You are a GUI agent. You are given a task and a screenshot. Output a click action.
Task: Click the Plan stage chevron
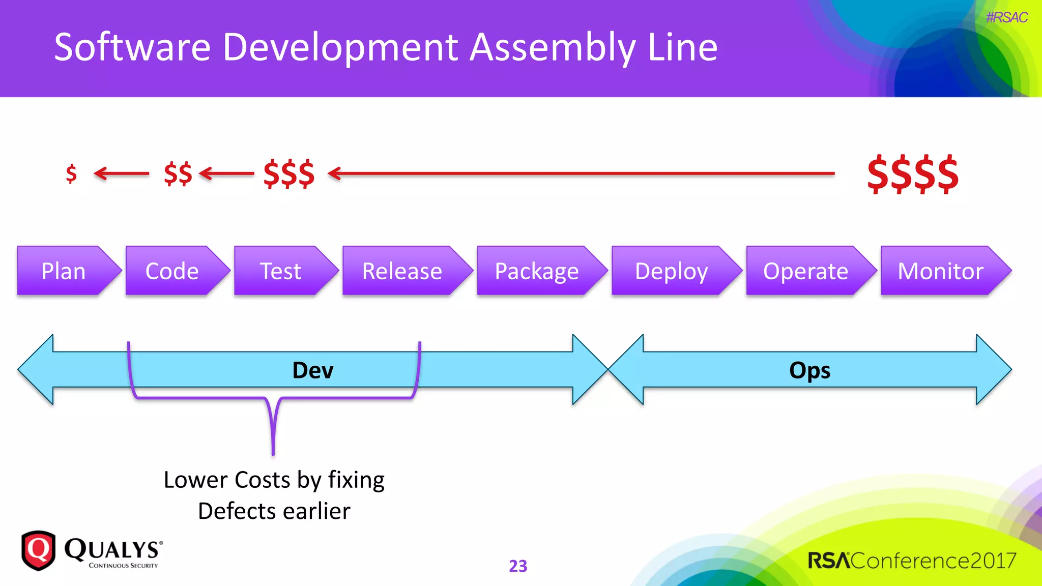(64, 271)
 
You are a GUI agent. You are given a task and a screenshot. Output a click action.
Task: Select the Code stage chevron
(172, 271)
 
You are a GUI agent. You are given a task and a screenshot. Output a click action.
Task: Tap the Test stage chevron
(281, 271)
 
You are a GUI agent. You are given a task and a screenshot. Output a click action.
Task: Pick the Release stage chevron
(402, 271)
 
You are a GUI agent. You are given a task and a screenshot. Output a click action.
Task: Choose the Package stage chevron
(537, 271)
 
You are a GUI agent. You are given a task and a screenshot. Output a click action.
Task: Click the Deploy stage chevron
(672, 271)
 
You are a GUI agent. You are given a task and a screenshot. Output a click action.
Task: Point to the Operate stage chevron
(806, 271)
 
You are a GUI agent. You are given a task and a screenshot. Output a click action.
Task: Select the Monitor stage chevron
(940, 271)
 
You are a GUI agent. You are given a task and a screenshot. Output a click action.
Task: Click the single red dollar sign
(71, 173)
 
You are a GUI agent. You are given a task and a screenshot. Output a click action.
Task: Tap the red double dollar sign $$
(178, 173)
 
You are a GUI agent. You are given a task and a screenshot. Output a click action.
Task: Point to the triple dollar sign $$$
(289, 173)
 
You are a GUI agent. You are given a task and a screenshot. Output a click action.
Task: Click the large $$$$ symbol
(913, 174)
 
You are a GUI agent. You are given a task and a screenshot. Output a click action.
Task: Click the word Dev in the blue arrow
(313, 370)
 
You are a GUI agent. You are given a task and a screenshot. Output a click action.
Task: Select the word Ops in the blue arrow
(809, 370)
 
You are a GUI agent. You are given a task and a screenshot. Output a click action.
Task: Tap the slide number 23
(518, 566)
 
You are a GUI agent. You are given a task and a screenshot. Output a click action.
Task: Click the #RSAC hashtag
(1006, 17)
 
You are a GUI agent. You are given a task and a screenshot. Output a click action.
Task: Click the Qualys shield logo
(38, 550)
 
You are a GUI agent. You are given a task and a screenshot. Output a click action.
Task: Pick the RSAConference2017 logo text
(912, 561)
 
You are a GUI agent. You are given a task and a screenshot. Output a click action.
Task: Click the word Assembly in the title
(552, 47)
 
